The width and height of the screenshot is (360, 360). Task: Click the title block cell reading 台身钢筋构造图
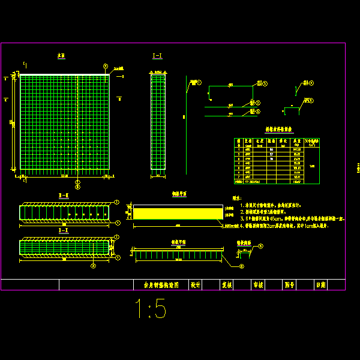click(x=160, y=285)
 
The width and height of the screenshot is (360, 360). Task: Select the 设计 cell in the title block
click(x=195, y=285)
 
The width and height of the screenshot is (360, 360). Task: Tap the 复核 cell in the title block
click(x=227, y=285)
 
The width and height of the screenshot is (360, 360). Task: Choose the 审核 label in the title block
click(x=259, y=285)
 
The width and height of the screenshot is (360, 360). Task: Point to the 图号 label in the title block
click(x=289, y=285)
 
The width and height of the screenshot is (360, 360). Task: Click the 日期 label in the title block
click(x=321, y=285)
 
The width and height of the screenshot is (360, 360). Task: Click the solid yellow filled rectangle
click(x=178, y=213)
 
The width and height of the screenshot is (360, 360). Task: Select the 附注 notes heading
click(x=238, y=197)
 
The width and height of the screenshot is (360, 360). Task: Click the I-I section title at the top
click(x=157, y=56)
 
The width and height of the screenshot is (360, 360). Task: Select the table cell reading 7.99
click(x=311, y=166)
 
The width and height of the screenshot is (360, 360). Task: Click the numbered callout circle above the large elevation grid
click(x=106, y=66)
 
